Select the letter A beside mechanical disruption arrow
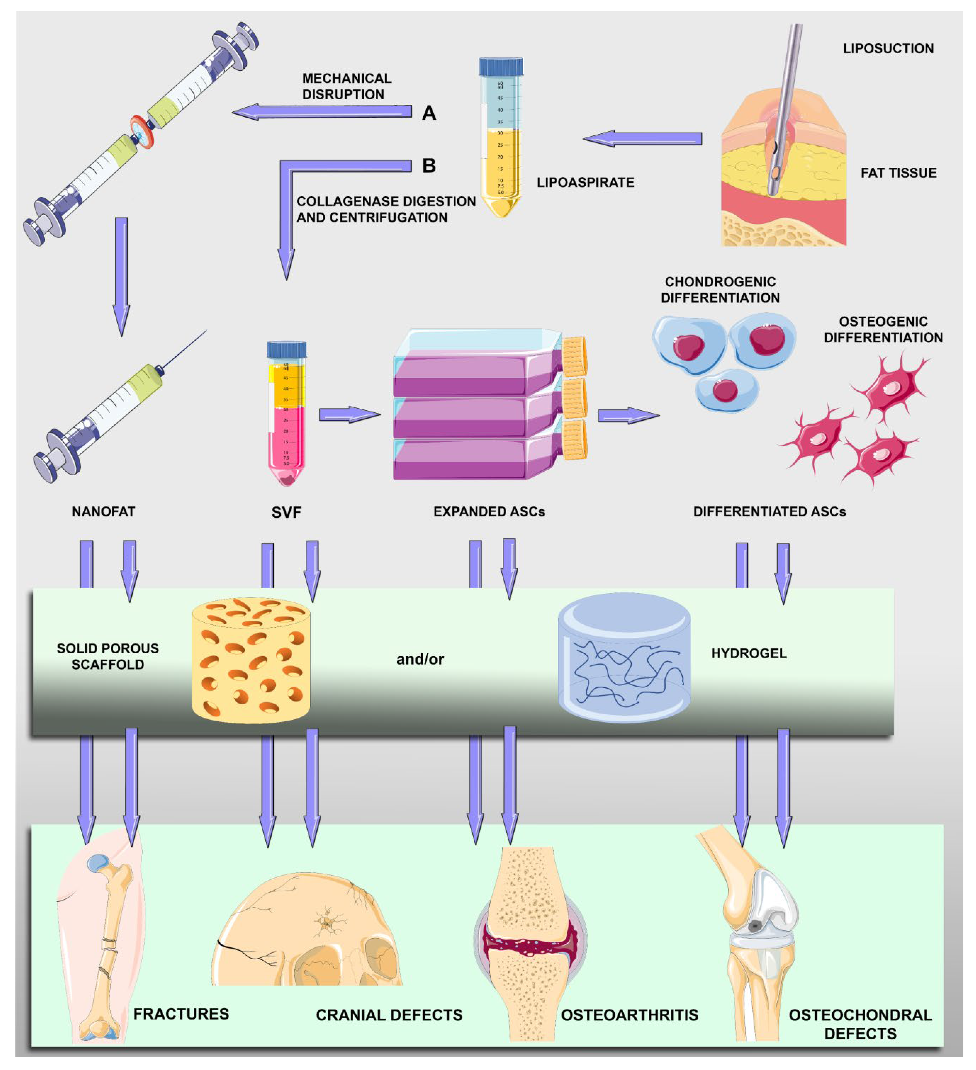[x=429, y=113]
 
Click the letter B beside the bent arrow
[x=429, y=166]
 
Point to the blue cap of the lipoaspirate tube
[x=501, y=66]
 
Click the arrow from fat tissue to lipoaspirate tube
[x=643, y=138]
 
